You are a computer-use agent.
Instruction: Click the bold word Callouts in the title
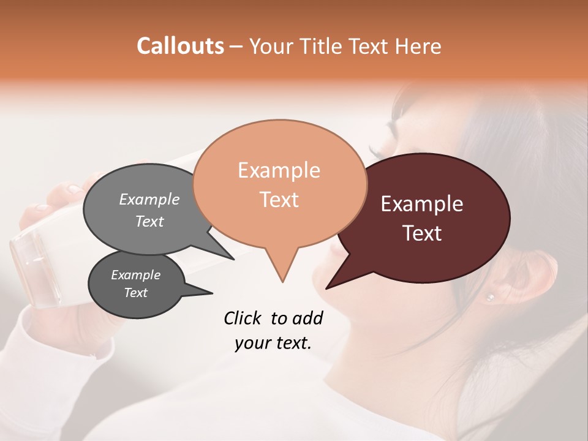[x=180, y=46]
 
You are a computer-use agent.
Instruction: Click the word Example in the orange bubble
[x=279, y=170]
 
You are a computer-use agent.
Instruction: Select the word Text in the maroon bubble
[x=422, y=233]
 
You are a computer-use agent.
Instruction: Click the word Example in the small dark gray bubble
[x=135, y=275]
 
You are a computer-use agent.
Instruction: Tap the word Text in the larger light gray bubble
[x=149, y=222]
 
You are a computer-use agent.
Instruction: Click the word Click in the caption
[x=243, y=318]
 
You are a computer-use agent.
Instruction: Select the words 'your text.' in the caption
[x=273, y=344]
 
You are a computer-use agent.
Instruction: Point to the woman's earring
[x=489, y=296]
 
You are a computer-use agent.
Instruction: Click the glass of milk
[x=37, y=269]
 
